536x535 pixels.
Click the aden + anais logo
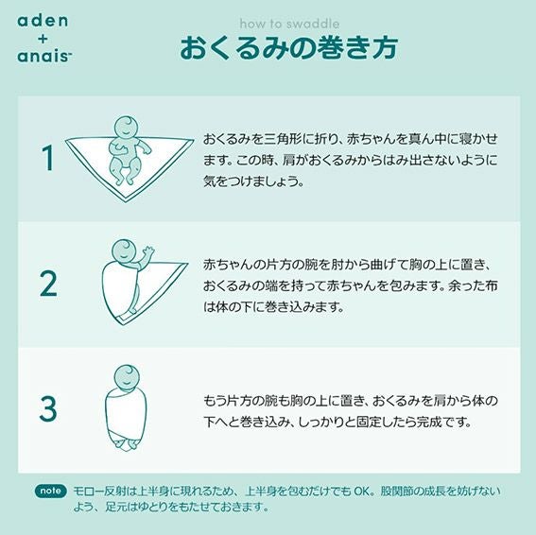coord(44,40)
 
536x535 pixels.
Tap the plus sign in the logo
coord(43,39)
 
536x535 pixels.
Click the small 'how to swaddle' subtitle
coord(289,24)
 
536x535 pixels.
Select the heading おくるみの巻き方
coord(289,48)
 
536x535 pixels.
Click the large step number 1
coord(48,158)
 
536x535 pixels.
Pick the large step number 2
coord(48,284)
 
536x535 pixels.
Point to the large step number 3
coord(48,408)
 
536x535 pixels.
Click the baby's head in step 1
coord(126,128)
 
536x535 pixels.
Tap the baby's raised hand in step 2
coord(148,252)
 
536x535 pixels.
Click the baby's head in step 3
coord(127,377)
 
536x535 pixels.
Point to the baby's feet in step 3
coord(126,444)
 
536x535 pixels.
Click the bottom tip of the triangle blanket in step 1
coord(126,201)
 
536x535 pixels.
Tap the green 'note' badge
coord(51,491)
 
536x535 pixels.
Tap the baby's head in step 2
coord(124,251)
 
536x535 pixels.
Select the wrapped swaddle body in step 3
coord(126,414)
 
